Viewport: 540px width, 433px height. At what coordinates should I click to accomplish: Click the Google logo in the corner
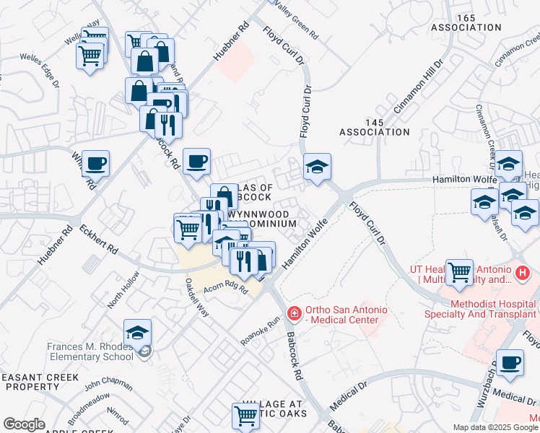click(x=25, y=424)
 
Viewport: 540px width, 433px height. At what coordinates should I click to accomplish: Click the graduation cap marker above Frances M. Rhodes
click(x=137, y=332)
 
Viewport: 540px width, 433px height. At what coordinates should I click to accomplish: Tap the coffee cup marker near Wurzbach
click(x=511, y=362)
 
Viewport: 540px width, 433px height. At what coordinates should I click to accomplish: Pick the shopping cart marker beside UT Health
click(x=459, y=272)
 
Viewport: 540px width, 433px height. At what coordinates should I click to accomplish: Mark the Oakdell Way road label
click(x=197, y=297)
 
